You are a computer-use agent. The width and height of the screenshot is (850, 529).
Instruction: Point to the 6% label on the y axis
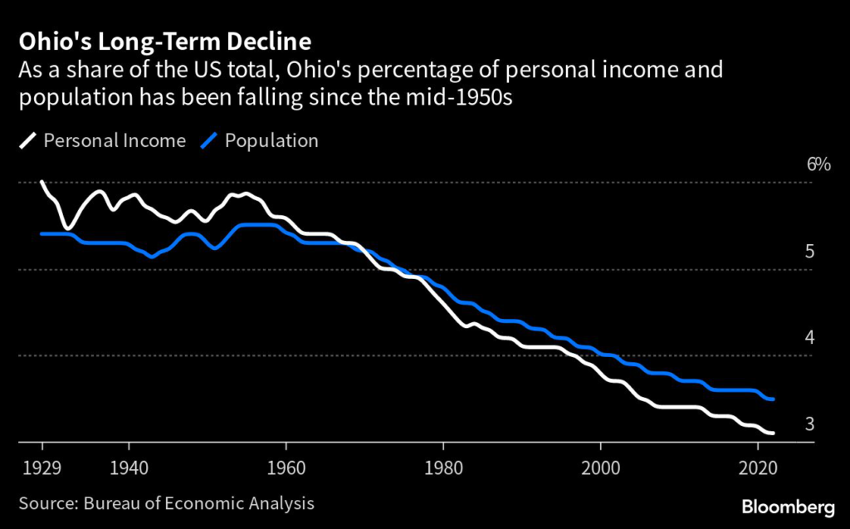click(818, 164)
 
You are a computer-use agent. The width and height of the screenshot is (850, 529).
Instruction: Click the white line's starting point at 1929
click(42, 182)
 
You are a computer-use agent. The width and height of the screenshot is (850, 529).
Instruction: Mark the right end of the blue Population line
click(774, 399)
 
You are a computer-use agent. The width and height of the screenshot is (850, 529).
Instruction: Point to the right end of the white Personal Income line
click(774, 433)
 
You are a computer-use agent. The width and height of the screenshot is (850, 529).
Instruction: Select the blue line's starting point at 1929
click(42, 234)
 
